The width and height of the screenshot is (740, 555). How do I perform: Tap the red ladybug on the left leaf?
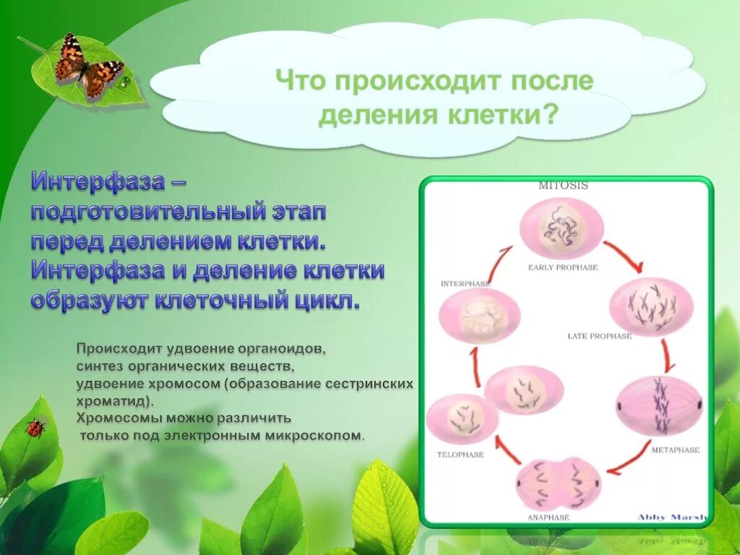[x=35, y=427]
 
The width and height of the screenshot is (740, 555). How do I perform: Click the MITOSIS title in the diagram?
[x=563, y=186]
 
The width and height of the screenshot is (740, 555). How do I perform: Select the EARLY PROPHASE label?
[x=563, y=267]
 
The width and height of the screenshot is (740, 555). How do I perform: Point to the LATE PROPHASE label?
[x=600, y=336]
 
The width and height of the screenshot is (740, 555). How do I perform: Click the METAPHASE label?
[x=675, y=449]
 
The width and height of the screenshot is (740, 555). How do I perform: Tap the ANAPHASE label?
[x=548, y=517]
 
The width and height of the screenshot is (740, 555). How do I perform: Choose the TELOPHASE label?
[x=460, y=455]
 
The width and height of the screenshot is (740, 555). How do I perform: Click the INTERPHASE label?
[x=465, y=284]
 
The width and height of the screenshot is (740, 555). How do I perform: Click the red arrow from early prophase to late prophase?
[x=623, y=256]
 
